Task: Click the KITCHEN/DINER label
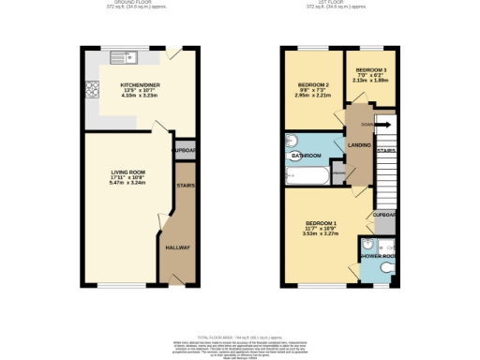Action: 138,83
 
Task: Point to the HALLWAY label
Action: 177,247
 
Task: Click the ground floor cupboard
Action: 182,151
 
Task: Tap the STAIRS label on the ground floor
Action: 185,186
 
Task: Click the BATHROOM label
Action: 306,155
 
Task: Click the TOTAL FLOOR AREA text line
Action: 239,336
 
